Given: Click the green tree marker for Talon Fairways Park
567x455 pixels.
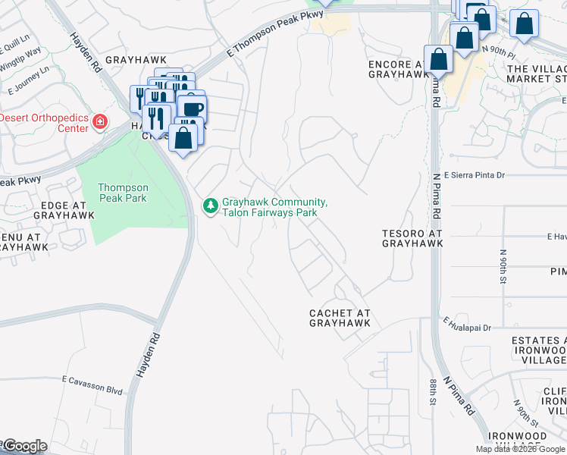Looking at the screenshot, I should [211, 206].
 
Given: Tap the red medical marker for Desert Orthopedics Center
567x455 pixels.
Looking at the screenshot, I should [99, 121].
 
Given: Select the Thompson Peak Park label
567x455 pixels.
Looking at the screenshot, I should [122, 193].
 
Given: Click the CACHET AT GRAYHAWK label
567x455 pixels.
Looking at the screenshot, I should [340, 318].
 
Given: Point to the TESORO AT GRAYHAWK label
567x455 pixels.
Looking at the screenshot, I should [412, 239].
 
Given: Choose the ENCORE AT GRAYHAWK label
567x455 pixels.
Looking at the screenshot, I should [399, 70].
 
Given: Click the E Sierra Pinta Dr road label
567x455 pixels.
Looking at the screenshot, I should [475, 175].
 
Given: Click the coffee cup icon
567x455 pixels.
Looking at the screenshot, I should [192, 107].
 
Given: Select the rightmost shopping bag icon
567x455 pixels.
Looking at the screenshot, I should [524, 24].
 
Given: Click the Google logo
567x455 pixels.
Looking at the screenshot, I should [24, 446].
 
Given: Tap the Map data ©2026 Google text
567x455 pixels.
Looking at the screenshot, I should [521, 449].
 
